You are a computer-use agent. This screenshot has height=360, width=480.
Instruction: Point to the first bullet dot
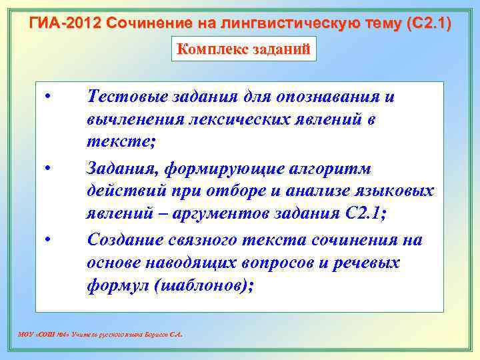(49, 98)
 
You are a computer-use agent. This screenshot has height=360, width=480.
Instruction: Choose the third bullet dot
(49, 239)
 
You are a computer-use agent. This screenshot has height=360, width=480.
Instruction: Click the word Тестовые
(126, 97)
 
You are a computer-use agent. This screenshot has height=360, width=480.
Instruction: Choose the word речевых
(363, 263)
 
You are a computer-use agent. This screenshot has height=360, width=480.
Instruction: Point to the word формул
(110, 286)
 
